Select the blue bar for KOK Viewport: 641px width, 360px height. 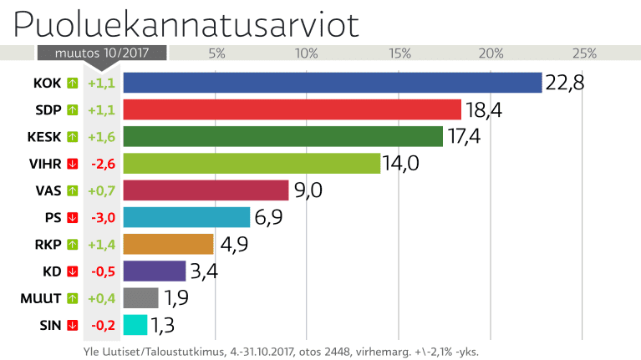point(333,83)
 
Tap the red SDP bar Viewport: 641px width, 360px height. point(293,109)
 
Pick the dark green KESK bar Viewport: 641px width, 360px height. point(283,136)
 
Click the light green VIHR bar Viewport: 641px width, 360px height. point(252,164)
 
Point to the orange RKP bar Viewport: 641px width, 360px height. point(169,244)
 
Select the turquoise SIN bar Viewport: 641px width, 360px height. point(135,325)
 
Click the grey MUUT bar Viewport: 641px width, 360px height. point(140,298)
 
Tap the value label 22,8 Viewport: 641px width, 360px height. point(564,83)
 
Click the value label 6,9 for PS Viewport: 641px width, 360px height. point(271,217)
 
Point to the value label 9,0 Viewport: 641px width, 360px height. point(307,190)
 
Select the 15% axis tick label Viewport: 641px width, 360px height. point(399,53)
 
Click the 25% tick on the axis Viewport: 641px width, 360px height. point(583,53)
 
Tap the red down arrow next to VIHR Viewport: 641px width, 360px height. point(72,164)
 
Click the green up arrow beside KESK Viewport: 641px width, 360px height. point(72,137)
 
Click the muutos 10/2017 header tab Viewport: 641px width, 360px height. point(101,52)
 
